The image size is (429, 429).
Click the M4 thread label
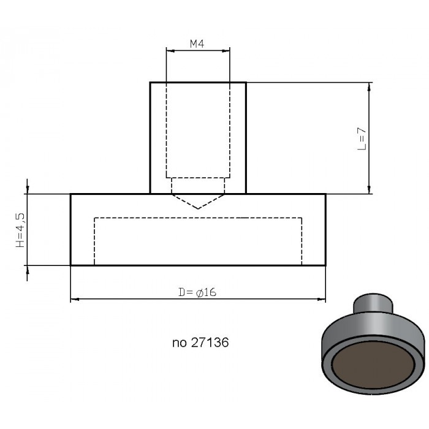(197, 44)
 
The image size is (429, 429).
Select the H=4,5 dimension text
(20, 230)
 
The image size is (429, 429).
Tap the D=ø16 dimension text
(197, 292)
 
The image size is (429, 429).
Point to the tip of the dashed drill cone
(198, 209)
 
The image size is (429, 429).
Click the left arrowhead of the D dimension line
(74, 299)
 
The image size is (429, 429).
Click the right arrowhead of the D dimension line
(322, 299)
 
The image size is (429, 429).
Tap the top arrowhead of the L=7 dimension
(369, 86)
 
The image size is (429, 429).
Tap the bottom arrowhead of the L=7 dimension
(369, 190)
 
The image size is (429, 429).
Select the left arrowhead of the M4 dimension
(169, 51)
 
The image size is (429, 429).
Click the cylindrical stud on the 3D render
(371, 304)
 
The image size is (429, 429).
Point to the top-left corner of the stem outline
(151, 82)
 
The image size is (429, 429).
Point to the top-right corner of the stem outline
(246, 82)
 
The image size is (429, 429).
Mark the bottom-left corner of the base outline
(71, 265)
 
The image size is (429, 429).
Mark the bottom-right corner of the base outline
(325, 265)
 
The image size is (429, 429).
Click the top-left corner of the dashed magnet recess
(94, 218)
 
